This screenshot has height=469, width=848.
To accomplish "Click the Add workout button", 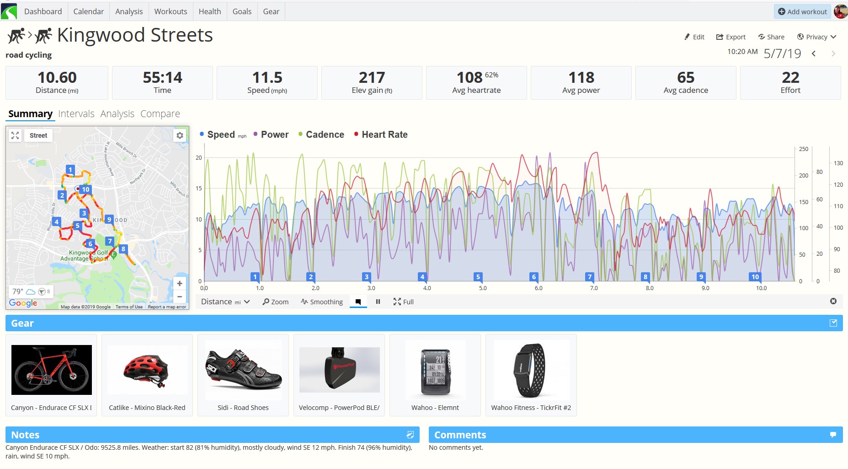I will [x=802, y=11].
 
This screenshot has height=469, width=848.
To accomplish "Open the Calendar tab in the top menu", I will [x=88, y=11].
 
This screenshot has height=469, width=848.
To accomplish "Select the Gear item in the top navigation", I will [x=271, y=11].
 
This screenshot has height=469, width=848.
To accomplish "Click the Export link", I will [x=731, y=37].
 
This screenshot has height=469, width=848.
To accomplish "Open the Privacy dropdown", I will [x=816, y=37].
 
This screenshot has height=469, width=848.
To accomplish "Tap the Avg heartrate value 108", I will [x=469, y=77].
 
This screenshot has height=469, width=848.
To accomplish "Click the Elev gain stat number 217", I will [x=372, y=77].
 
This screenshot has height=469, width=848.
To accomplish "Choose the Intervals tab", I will [x=76, y=113].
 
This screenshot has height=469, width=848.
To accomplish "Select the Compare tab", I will [x=160, y=113].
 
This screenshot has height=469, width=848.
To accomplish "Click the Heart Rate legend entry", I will [x=384, y=135].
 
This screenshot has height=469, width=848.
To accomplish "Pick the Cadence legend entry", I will [x=325, y=135].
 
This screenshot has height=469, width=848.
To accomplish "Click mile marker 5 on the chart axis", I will [x=478, y=277].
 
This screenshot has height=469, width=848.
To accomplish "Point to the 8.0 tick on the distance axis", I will [x=650, y=288].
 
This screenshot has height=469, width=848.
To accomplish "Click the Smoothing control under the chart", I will [x=322, y=302].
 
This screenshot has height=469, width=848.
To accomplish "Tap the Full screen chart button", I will [x=404, y=302].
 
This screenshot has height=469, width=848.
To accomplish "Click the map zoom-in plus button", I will [x=180, y=284].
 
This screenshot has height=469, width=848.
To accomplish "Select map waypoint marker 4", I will [x=56, y=222].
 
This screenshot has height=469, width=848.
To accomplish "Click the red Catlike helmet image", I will [x=147, y=370].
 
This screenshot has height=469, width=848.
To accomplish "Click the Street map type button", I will [x=38, y=135].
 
